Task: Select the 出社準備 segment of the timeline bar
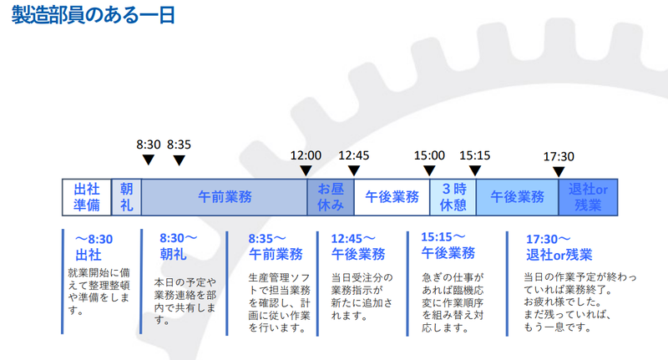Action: (x=87, y=197)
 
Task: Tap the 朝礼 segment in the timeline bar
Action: (x=126, y=197)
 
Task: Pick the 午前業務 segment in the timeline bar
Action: (x=224, y=197)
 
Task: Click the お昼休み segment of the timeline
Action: (x=331, y=197)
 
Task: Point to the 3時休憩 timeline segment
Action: (x=453, y=197)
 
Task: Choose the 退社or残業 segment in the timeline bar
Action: (x=589, y=197)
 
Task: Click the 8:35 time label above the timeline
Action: (x=179, y=144)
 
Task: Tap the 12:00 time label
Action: (x=306, y=155)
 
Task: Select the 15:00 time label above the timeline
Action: (x=429, y=155)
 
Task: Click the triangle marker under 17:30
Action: (x=559, y=171)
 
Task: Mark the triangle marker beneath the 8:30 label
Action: (x=148, y=160)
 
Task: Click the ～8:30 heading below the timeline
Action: (x=93, y=240)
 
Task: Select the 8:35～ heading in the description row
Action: (x=267, y=238)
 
